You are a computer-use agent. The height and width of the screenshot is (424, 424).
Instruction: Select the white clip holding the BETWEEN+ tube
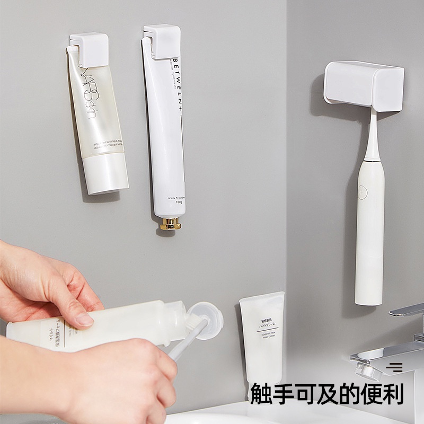click(x=162, y=41)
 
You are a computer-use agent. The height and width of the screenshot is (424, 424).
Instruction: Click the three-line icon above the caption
click(x=394, y=367)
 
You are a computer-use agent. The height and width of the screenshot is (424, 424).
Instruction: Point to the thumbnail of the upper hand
click(x=84, y=319)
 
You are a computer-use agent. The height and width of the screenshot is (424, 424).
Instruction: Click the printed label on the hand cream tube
click(x=263, y=326)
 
